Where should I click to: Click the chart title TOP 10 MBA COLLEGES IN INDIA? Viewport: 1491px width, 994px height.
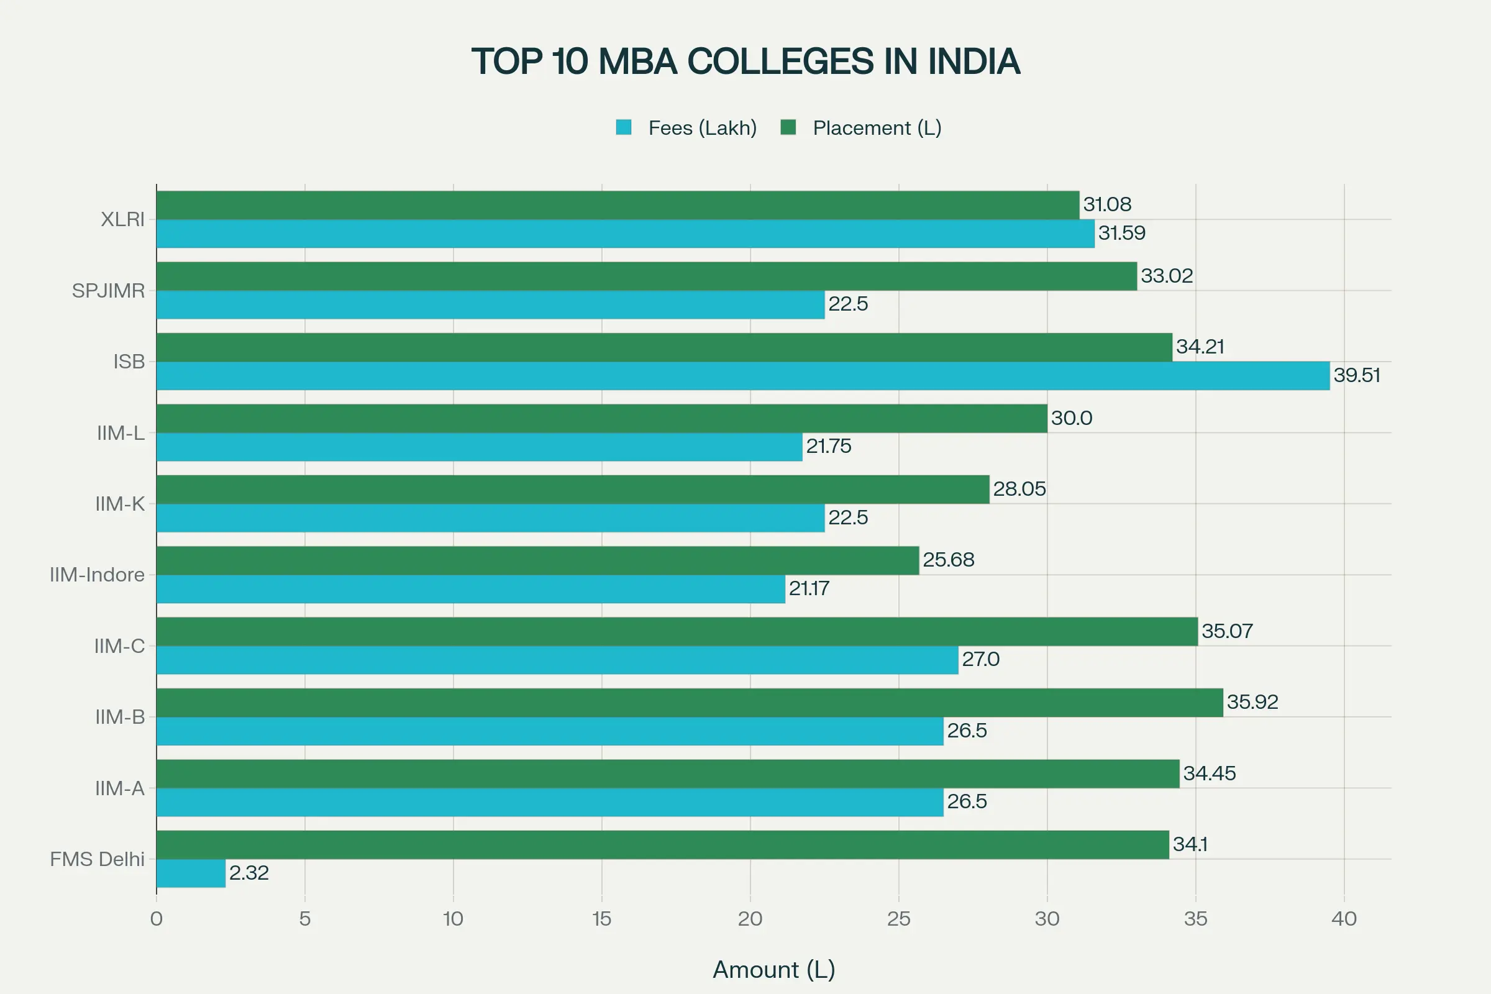745,62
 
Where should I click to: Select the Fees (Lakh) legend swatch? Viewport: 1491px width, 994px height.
624,127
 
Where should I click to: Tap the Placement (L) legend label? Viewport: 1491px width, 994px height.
877,128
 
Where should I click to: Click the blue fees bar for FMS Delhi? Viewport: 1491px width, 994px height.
191,873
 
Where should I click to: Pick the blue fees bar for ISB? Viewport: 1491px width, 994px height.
742,376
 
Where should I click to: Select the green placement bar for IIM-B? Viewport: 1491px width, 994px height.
689,703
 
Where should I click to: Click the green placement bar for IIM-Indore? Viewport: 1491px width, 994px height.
537,560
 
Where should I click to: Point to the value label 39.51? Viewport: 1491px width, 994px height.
1356,375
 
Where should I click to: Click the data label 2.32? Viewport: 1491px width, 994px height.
248,873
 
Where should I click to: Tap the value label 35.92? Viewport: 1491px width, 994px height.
1252,702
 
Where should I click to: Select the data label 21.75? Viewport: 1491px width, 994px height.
828,446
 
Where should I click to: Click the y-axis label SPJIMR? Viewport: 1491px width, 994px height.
108,290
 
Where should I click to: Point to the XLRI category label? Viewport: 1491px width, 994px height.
122,219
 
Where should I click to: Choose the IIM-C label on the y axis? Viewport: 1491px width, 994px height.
119,646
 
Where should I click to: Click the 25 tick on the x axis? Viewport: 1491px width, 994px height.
898,919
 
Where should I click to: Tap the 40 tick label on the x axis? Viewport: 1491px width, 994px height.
1343,919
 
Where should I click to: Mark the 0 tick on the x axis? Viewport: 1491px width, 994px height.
157,919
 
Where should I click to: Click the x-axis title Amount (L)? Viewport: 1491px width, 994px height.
773,969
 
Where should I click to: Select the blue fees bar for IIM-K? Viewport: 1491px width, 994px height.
490,518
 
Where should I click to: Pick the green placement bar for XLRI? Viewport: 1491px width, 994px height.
618,205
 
